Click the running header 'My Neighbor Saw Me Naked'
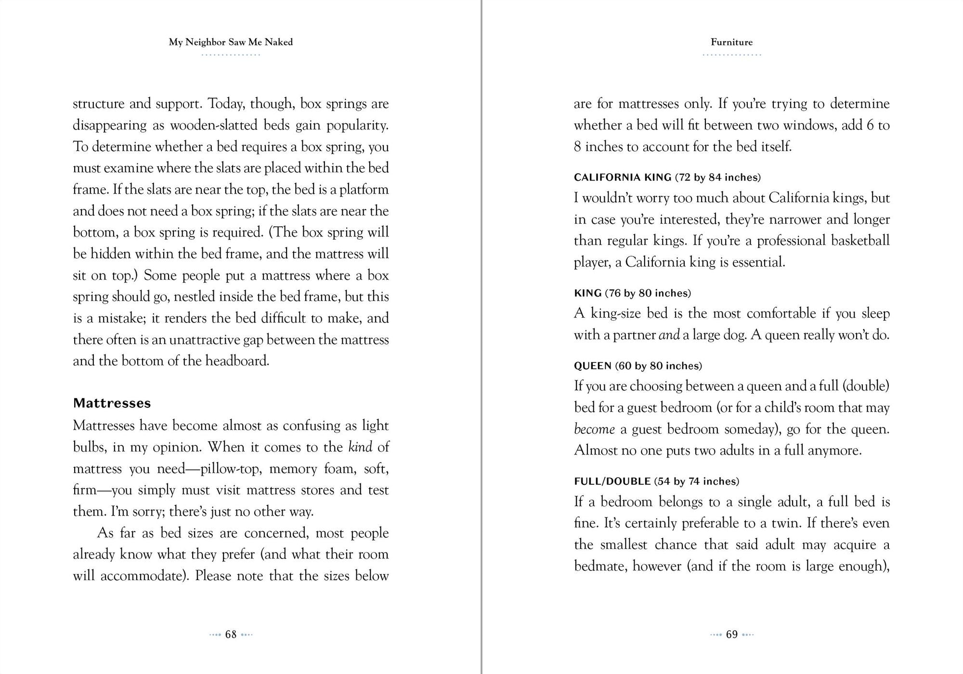(231, 42)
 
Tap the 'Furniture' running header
(731, 42)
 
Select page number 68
(231, 635)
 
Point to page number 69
(731, 635)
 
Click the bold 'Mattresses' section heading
(112, 403)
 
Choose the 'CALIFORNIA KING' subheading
(622, 178)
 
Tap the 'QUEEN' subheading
(592, 366)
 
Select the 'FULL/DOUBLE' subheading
(612, 481)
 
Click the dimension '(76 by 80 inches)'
(648, 293)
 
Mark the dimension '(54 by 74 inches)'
(696, 481)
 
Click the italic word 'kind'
(360, 447)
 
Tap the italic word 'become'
(594, 429)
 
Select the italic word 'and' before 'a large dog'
(669, 335)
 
